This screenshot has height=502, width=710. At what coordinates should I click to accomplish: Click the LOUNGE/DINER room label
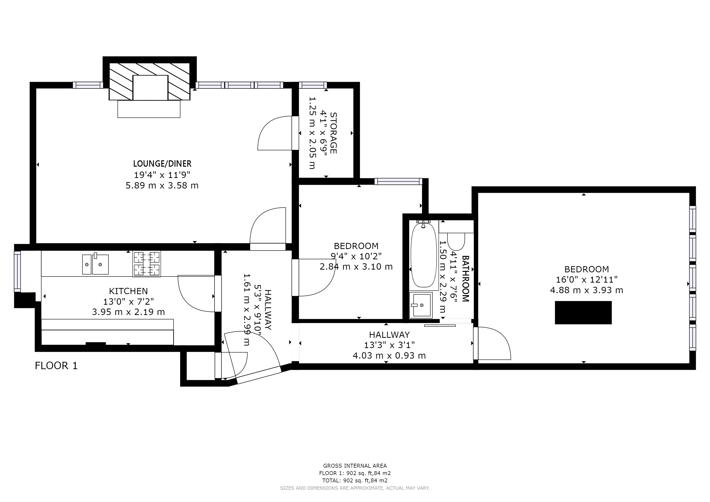point(162,163)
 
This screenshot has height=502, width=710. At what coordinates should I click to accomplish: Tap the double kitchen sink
point(95,264)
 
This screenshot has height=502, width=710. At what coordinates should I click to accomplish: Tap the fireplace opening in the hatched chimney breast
point(150,88)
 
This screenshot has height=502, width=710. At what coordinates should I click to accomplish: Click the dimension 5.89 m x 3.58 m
point(162,186)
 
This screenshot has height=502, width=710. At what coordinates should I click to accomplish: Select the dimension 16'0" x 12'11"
point(587,279)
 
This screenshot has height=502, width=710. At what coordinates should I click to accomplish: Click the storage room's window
point(313,85)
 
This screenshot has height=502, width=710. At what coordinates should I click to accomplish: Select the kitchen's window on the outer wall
point(17,271)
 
